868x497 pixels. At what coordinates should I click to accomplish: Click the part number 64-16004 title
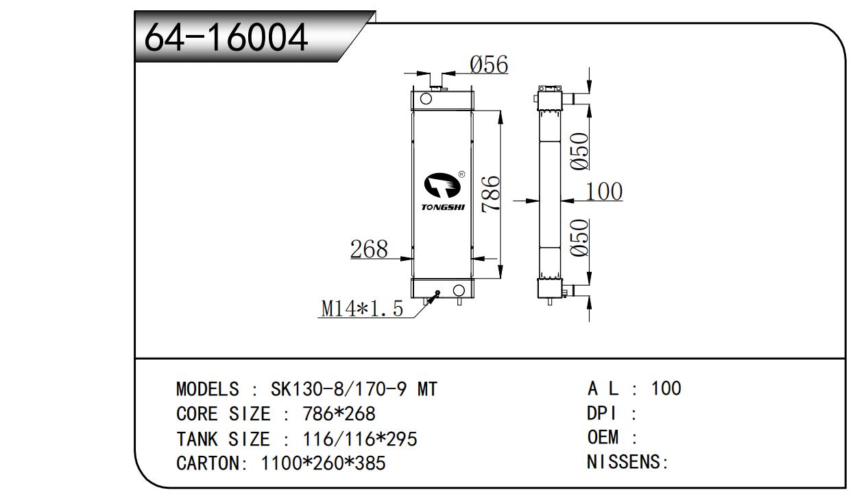click(x=226, y=37)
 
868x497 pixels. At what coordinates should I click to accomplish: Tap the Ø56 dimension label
click(x=489, y=65)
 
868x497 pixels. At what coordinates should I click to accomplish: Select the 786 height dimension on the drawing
click(x=491, y=194)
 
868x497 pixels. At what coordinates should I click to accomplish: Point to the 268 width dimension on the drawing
click(x=369, y=248)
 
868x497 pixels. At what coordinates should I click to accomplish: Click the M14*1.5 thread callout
click(x=362, y=308)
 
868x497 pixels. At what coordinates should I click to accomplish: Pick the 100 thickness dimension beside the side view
click(x=604, y=192)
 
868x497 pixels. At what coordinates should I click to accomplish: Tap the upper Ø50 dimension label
click(x=579, y=151)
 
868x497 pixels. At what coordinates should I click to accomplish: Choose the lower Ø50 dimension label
click(x=579, y=238)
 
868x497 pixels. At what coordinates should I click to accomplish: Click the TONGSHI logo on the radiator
click(x=443, y=192)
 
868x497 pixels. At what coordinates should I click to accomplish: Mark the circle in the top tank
click(x=426, y=99)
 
